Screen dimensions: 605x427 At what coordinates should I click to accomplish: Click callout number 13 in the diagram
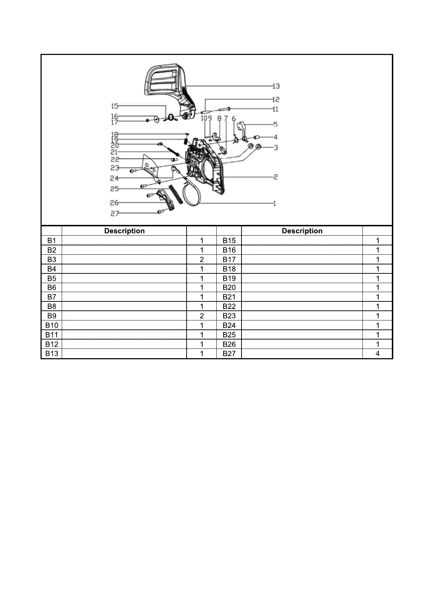tap(276, 86)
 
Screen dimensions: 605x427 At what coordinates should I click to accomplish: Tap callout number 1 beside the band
tap(274, 204)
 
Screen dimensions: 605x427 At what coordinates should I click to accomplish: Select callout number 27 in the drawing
tap(114, 214)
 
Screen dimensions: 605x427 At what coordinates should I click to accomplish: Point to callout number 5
tap(275, 125)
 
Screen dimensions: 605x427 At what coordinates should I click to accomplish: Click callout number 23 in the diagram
tap(114, 168)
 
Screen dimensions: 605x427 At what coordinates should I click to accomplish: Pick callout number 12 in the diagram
tap(276, 100)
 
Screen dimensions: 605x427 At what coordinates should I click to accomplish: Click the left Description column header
tap(124, 231)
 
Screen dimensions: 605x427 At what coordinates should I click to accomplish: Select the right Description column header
tap(302, 231)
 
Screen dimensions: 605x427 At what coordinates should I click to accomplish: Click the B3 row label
tap(52, 259)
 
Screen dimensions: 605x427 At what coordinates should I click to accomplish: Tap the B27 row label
tap(229, 354)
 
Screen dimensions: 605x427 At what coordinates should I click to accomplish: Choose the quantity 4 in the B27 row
tap(377, 354)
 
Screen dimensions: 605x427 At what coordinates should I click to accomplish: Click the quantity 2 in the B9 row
tap(202, 316)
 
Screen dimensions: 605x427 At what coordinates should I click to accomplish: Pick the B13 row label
tap(52, 354)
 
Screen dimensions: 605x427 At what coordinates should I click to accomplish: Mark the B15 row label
tap(229, 241)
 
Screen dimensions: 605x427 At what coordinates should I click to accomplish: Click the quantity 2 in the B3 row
tap(202, 259)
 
